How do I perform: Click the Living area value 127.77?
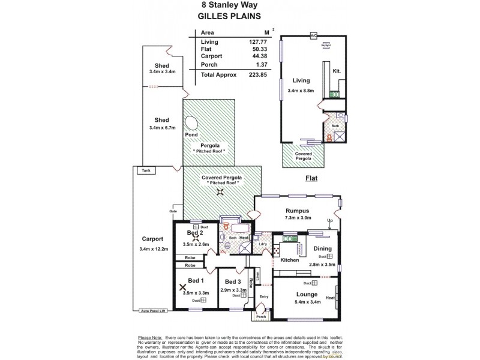coord(257,42)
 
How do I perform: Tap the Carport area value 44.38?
coord(257,57)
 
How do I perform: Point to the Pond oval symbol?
coord(191,124)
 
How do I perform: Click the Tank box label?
coord(146,171)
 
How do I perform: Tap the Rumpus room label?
coord(297,211)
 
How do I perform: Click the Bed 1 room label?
coord(196,281)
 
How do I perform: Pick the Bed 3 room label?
coord(233,281)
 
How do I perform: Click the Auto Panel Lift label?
coord(152,311)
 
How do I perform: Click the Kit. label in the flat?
coord(337,71)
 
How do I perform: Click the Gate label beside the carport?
coord(174,212)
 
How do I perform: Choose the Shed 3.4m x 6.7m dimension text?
coord(161,128)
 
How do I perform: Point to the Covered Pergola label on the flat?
coord(303,155)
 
